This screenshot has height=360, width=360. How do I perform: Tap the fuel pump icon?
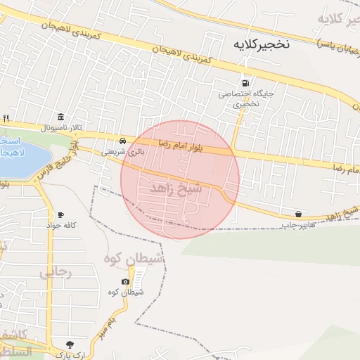245,82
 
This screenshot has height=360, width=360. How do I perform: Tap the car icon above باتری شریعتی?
123,141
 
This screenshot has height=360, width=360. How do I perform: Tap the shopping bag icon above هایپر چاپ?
299,213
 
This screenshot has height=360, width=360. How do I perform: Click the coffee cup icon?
61,214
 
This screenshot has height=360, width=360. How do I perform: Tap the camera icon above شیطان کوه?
126,281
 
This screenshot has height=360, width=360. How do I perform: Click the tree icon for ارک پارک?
70,344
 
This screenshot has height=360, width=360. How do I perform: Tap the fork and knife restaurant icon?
6,117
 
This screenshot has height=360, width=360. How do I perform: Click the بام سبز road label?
105,325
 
